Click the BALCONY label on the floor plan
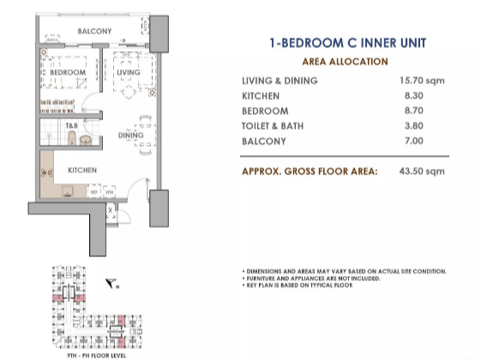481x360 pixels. click(x=94, y=32)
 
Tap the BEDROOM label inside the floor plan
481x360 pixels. click(x=67, y=73)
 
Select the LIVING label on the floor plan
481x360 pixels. click(x=128, y=73)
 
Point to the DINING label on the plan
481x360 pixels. click(x=130, y=135)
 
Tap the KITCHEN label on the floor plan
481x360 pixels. click(x=81, y=170)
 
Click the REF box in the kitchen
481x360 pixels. click(x=94, y=192)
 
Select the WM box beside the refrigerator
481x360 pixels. click(x=109, y=192)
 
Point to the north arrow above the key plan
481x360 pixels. click(x=111, y=282)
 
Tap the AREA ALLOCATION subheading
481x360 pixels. click(x=345, y=62)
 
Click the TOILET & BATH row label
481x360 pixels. click(x=274, y=125)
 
